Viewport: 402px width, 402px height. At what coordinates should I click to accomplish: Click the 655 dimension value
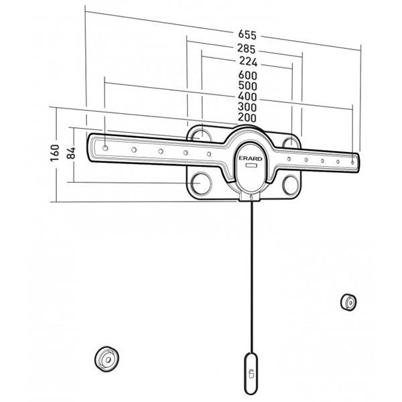(247, 35)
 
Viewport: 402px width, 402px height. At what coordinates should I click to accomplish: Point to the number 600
(248, 76)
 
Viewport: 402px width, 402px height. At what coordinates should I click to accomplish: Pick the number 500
(248, 86)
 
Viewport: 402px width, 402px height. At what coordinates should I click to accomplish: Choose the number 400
(248, 97)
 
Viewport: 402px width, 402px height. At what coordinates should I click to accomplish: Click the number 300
(248, 107)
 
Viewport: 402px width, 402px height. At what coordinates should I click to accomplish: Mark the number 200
(248, 118)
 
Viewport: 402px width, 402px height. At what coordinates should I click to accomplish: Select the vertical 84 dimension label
(72, 151)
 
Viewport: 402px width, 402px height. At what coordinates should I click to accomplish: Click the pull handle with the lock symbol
(251, 373)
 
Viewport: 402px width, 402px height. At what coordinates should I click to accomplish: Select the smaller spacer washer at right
(348, 301)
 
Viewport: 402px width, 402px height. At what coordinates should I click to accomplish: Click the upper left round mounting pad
(199, 135)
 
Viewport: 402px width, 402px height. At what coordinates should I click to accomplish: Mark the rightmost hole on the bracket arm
(352, 163)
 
